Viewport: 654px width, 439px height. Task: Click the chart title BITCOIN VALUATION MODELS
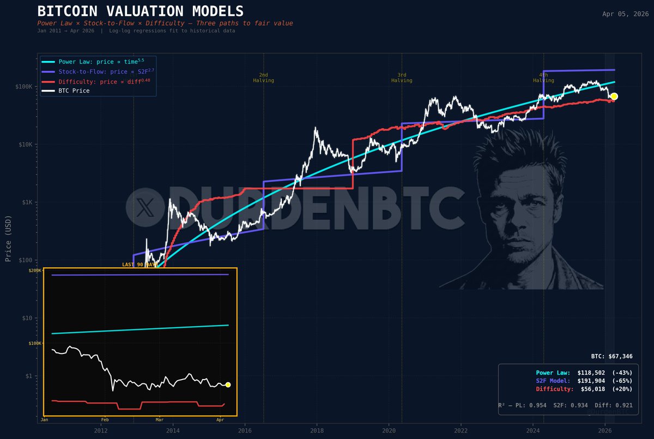(141, 11)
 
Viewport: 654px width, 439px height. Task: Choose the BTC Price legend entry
(74, 91)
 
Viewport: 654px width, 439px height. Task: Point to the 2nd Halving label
(263, 77)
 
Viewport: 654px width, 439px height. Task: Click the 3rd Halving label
(402, 77)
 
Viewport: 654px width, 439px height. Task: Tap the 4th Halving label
(543, 77)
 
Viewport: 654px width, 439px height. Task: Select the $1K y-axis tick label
(27, 202)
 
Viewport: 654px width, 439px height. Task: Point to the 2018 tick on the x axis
(317, 430)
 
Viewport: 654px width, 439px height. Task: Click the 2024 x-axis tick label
(532, 430)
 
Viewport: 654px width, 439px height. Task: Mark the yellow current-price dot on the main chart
(614, 97)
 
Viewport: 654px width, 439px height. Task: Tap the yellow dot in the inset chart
(228, 384)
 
